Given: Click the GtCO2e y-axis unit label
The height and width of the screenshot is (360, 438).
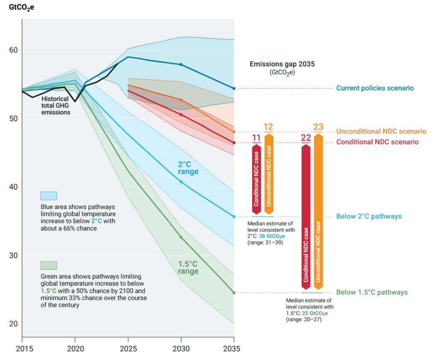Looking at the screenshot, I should point(21,7).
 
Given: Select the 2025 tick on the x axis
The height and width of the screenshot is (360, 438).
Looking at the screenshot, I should point(128,349).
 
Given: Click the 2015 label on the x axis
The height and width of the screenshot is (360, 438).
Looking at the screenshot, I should point(22,349).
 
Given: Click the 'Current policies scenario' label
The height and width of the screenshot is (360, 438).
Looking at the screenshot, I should point(375,88).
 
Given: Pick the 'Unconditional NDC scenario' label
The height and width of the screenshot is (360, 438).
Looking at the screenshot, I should point(381,131).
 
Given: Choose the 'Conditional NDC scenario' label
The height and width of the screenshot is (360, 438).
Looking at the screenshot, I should point(377,142).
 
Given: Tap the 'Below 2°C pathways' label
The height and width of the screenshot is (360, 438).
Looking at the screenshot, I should point(369,216).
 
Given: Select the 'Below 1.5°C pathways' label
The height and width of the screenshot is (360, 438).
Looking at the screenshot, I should point(372,292).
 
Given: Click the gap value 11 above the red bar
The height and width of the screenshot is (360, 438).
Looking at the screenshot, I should point(256,138).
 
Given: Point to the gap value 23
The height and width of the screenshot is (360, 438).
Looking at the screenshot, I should point(318,127).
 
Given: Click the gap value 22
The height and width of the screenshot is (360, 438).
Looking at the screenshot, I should point(306,138).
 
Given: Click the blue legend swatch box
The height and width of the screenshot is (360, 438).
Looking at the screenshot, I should point(48,196).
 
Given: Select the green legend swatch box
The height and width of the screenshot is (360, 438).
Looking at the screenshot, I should point(48,265).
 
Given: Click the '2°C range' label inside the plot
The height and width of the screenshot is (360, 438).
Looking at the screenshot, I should point(188,168).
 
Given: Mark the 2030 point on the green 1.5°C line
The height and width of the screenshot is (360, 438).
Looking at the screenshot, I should point(181,237).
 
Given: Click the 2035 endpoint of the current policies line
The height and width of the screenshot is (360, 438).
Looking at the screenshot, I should point(234,89).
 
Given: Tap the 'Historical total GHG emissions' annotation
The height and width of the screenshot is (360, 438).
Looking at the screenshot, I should point(56,105).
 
